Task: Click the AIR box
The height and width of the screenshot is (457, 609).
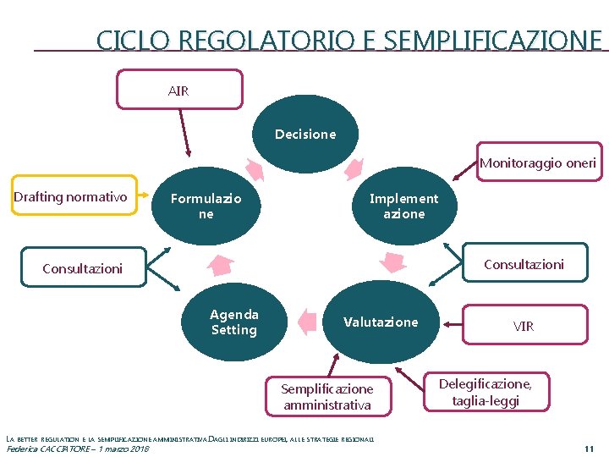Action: (179, 89)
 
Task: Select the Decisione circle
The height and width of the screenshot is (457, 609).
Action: (305, 134)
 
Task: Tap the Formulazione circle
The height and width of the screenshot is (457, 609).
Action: (206, 206)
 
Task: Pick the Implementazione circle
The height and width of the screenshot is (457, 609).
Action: (403, 206)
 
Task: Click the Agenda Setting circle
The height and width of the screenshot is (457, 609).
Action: (234, 322)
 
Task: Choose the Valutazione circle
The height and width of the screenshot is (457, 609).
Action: (381, 322)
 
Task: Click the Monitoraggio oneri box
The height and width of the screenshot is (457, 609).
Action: (538, 162)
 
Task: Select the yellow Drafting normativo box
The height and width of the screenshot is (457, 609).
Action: (71, 197)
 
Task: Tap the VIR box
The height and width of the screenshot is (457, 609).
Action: (524, 325)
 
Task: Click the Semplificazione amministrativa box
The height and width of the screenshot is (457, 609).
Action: (326, 396)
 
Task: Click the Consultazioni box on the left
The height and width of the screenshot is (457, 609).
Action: (83, 268)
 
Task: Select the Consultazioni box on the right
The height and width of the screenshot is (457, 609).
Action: (524, 264)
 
